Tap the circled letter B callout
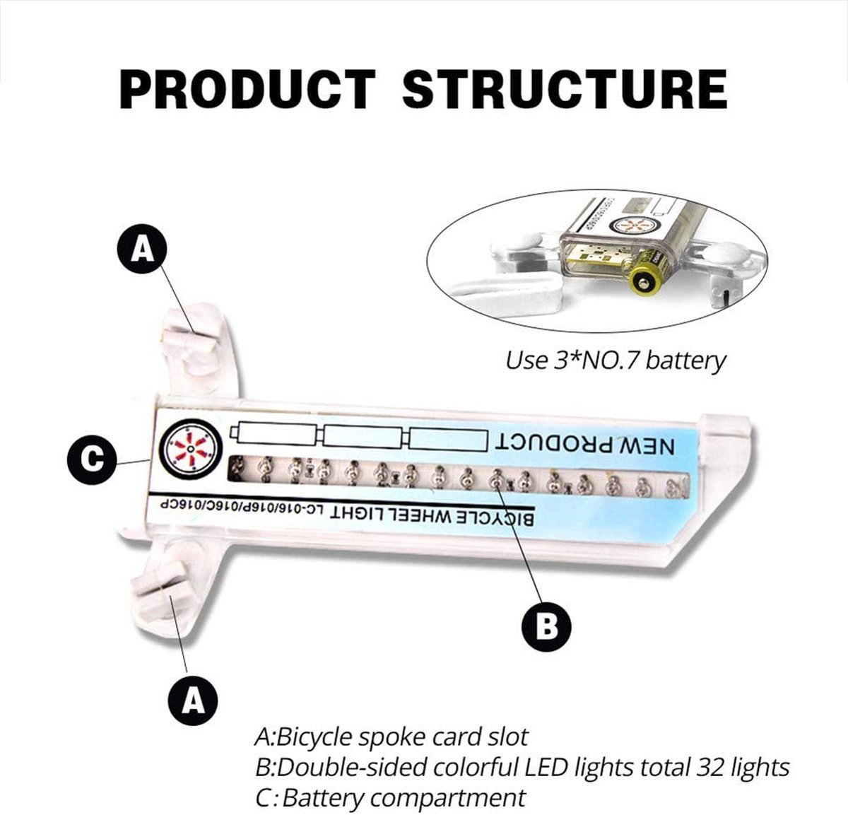coord(546,625)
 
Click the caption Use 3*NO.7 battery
coord(615,360)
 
